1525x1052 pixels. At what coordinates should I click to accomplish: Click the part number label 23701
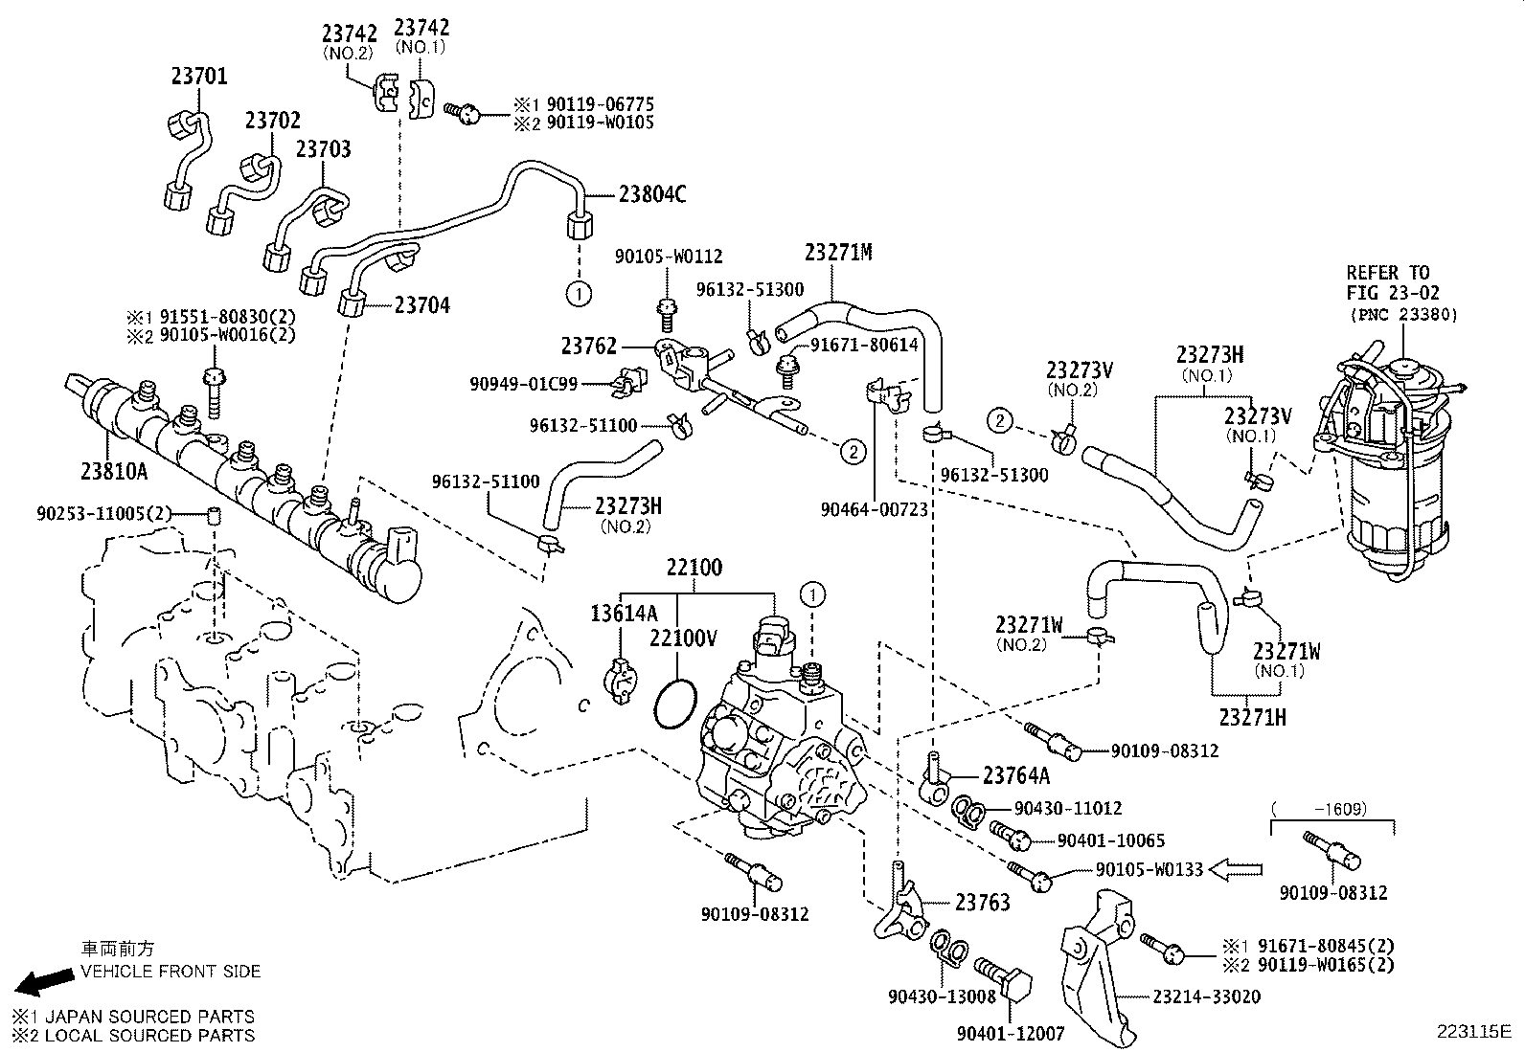(199, 75)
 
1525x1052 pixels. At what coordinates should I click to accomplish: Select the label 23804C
(652, 194)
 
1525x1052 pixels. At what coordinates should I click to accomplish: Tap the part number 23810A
(114, 470)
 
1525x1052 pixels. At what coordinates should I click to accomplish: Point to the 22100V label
(682, 637)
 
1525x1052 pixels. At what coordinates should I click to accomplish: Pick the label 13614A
(624, 614)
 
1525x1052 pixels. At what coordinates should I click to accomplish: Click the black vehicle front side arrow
(44, 981)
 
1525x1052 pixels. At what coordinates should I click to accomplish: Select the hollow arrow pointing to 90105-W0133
(1236, 869)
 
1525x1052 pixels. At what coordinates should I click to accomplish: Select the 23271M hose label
(838, 253)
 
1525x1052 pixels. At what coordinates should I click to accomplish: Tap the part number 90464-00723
(874, 510)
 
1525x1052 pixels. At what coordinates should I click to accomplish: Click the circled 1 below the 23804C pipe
(580, 291)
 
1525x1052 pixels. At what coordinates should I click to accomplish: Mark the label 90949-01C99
(523, 384)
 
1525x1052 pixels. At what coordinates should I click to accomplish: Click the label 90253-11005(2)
(103, 514)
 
